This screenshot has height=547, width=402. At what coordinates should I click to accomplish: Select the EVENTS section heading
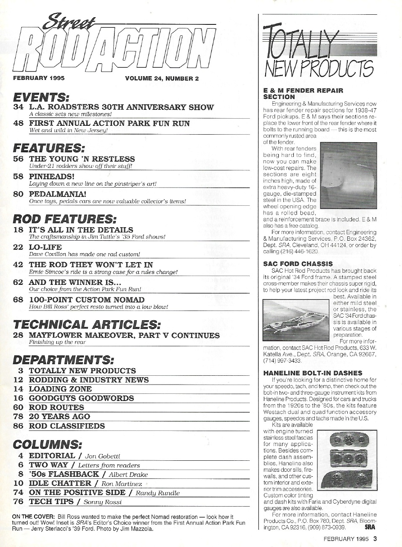41,97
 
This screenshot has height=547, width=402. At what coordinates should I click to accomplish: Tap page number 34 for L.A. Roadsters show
19,107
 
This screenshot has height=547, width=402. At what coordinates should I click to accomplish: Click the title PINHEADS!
51,177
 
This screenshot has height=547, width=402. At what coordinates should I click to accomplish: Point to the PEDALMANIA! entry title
58,194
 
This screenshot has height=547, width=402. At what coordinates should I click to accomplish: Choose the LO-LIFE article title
45,247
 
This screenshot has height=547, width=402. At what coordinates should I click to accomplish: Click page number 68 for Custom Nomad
19,300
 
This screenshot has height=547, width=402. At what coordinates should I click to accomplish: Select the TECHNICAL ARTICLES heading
86,324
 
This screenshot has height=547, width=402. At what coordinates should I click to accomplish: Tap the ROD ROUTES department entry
56,407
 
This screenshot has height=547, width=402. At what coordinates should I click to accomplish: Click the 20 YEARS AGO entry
59,417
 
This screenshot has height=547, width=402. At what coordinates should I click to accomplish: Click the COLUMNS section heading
47,444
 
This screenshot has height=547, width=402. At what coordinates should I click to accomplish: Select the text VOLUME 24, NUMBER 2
162,78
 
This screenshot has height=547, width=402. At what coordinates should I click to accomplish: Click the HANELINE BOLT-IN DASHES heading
312,373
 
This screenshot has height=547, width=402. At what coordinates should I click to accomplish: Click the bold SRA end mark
370,527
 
